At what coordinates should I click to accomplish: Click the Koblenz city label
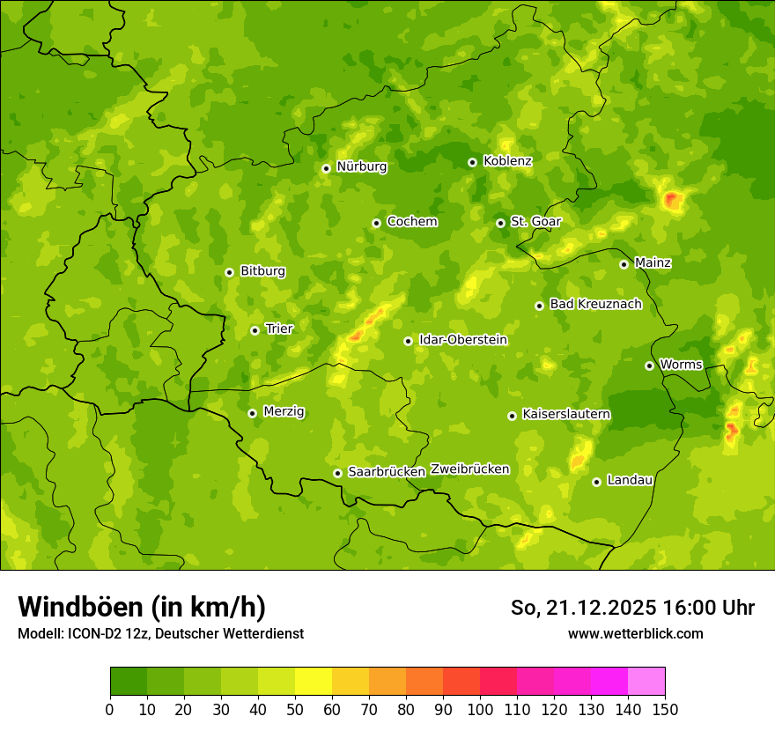pos(507,161)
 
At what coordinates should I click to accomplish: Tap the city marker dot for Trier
pos(255,330)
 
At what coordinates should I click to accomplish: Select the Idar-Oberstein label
pos(463,340)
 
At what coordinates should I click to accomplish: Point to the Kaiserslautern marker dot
pos(512,416)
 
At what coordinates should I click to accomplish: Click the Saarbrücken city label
pos(387,472)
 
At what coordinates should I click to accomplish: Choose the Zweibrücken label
pos(469,469)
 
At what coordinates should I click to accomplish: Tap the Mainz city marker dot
pos(624,264)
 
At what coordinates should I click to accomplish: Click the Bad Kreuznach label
pos(595,304)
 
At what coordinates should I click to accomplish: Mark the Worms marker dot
pos(649,365)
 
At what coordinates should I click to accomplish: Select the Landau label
pos(630,480)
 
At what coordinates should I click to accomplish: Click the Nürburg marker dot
pos(326,168)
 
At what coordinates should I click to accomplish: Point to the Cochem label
pos(412,221)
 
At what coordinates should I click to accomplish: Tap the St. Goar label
pos(535,221)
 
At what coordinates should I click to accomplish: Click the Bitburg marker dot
pos(229,272)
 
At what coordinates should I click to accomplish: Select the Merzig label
pos(284,411)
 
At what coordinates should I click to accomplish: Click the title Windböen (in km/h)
pos(142,607)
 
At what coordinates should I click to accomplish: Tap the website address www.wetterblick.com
pos(635,633)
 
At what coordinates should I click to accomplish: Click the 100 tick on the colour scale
pos(480,709)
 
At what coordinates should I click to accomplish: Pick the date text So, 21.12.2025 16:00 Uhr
pos(632,608)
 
